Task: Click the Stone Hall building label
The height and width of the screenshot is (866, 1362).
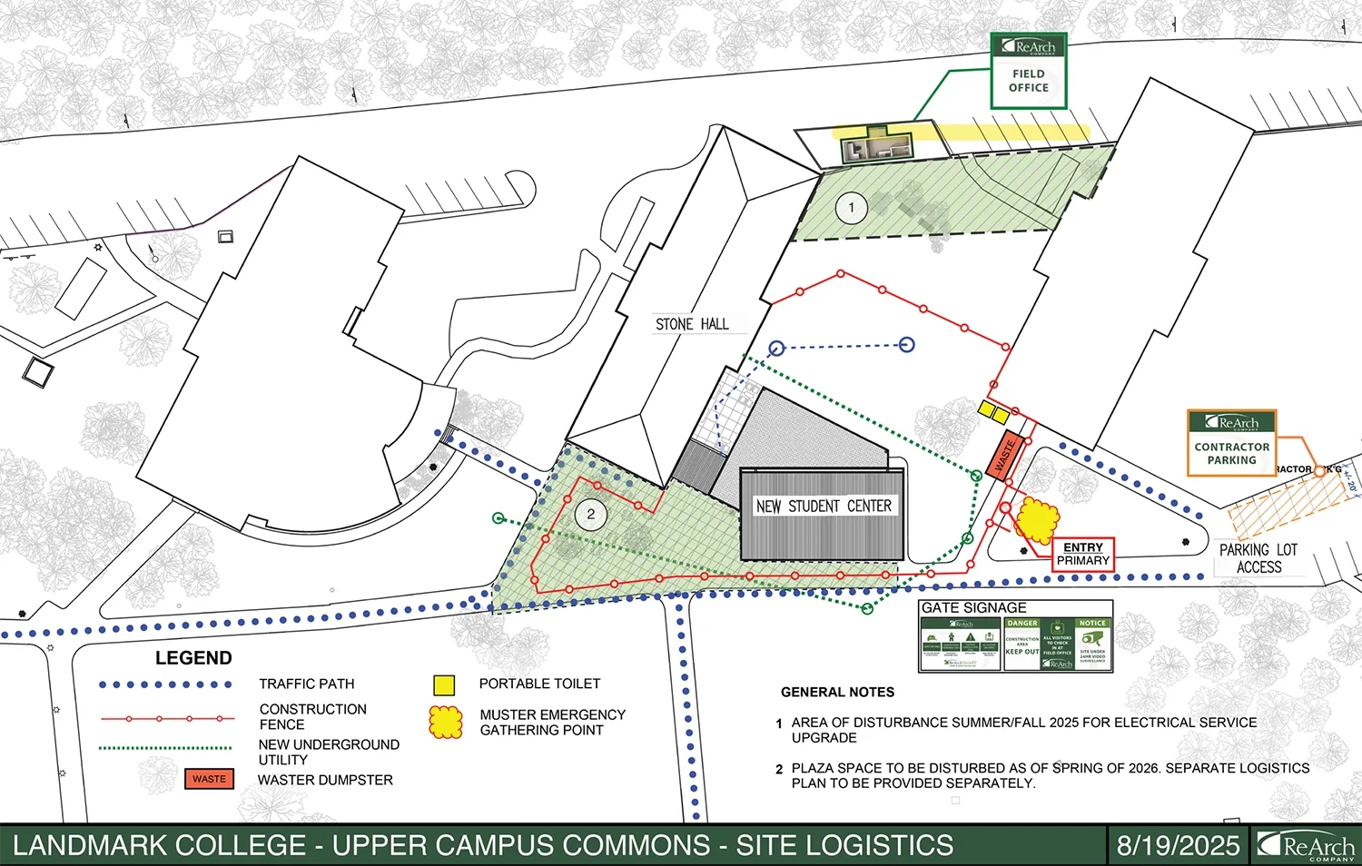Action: click(692, 324)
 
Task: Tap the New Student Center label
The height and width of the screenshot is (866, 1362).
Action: click(824, 506)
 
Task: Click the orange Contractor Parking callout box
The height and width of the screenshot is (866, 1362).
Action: click(1231, 443)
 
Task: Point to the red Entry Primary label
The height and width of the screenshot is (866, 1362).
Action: click(1082, 554)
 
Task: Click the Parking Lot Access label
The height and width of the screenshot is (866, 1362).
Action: click(1258, 558)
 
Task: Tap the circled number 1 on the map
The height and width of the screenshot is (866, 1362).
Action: click(851, 208)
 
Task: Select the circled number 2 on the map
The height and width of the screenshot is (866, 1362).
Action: click(591, 515)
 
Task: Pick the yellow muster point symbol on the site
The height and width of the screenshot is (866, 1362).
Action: click(1036, 520)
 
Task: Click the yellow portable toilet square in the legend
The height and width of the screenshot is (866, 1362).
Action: click(444, 684)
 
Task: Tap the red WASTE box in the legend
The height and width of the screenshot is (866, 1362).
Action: click(209, 779)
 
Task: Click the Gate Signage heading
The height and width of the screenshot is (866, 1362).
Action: click(973, 608)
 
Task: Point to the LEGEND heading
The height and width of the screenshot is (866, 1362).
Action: click(193, 658)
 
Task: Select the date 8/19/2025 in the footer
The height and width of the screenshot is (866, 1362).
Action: click(1178, 846)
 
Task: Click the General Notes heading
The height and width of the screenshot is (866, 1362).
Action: click(837, 692)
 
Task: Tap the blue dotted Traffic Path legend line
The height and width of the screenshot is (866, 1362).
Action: click(165, 684)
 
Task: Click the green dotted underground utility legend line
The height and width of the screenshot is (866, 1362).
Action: click(165, 748)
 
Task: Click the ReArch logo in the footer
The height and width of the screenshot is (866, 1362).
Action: click(1307, 846)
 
